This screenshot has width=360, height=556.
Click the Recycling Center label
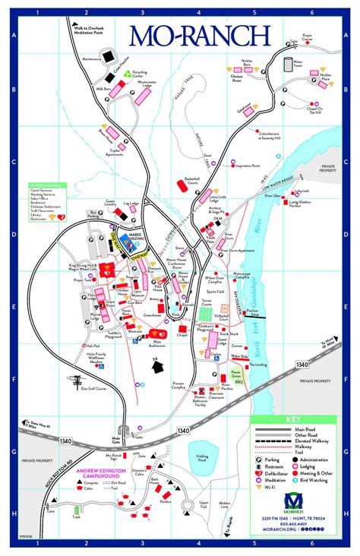click(x=138, y=76)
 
